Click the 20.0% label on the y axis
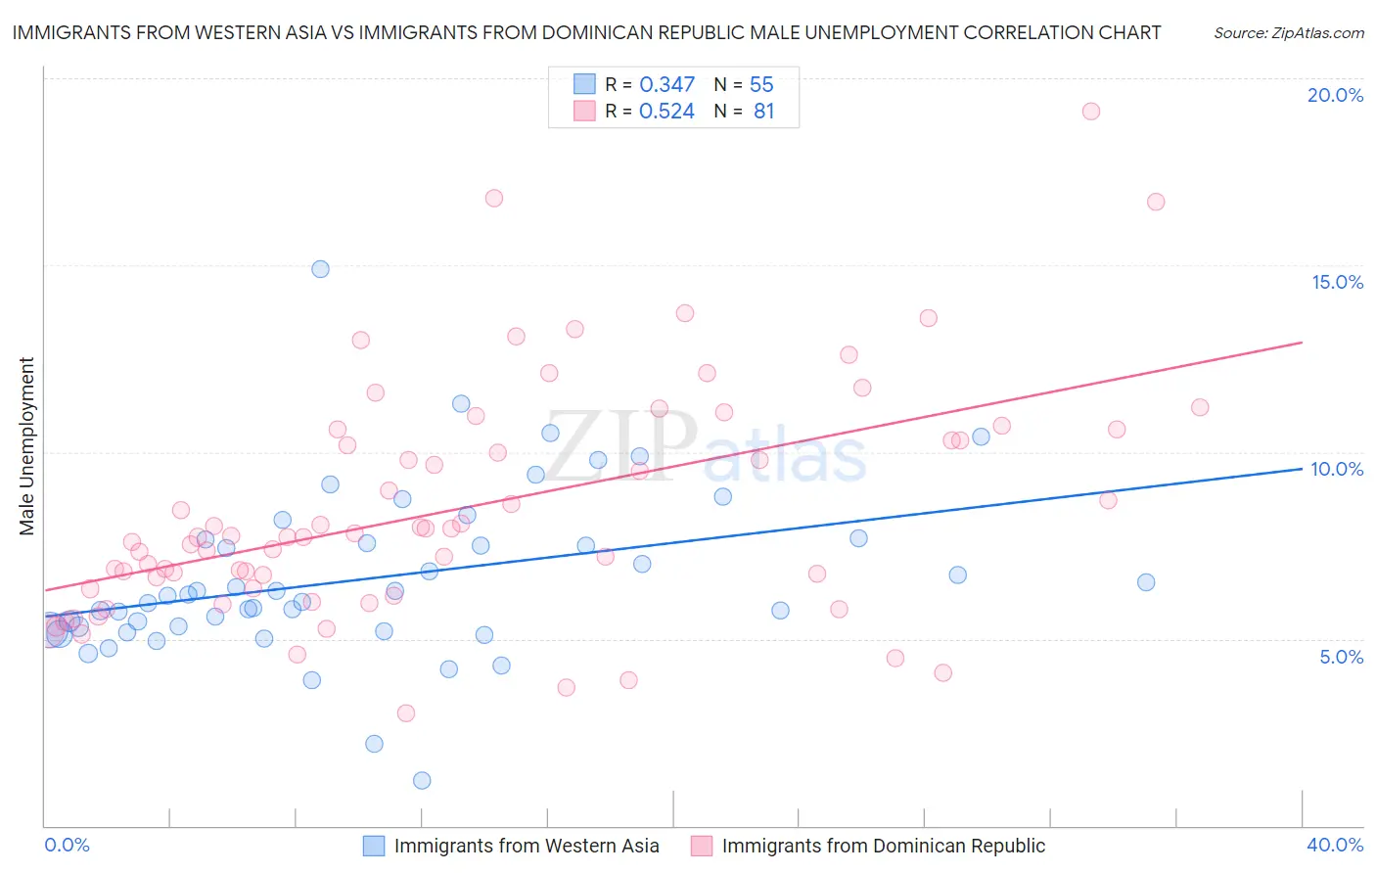(1335, 95)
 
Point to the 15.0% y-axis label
(1337, 282)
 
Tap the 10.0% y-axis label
(1337, 469)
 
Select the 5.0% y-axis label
(1341, 657)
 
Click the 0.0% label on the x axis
(67, 845)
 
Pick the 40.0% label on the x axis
(1335, 845)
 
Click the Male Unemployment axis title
(26, 446)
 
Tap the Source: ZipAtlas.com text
(1288, 33)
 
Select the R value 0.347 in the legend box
(666, 85)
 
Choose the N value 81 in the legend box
(763, 112)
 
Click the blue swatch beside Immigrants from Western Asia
(374, 846)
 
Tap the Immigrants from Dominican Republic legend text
(883, 846)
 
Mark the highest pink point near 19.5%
(1091, 111)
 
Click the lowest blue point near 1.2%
(422, 780)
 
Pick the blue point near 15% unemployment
(320, 269)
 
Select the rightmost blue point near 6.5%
(1146, 582)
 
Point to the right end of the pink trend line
(1302, 343)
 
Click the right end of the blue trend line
(1302, 469)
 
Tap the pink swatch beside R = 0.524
(584, 111)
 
